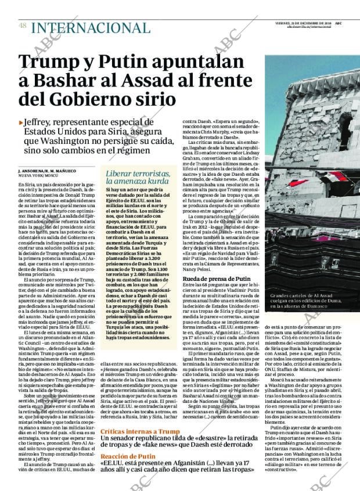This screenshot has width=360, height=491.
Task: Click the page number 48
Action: pos(22,26)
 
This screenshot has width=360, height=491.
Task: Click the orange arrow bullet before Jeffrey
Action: pos(21,122)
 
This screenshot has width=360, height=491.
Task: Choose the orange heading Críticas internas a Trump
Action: pos(140,432)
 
